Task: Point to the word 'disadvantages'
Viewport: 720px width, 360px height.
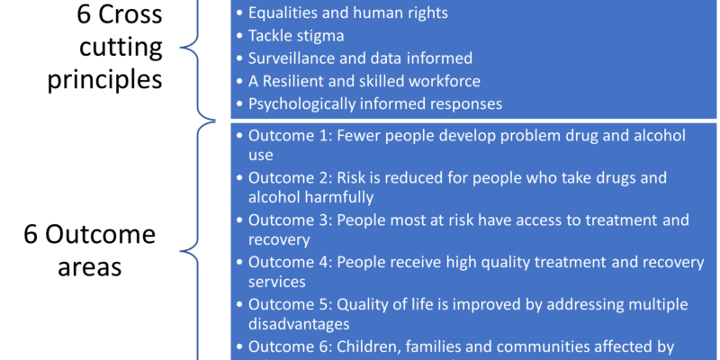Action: tap(299, 324)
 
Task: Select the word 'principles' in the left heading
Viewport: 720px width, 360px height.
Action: tap(105, 80)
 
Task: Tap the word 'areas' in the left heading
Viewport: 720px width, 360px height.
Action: tap(89, 266)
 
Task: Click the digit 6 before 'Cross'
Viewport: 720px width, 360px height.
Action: tap(84, 14)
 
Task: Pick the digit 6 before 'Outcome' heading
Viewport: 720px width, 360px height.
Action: tap(31, 235)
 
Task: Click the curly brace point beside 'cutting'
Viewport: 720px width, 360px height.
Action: tap(182, 48)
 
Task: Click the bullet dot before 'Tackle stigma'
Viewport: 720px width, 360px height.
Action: tap(238, 36)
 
